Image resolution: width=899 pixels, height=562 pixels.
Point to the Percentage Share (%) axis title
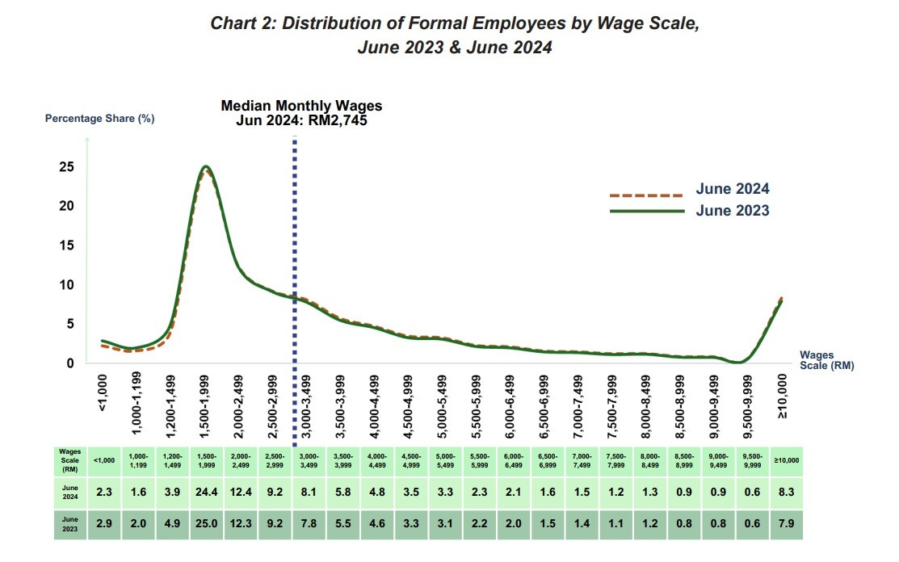click(99, 118)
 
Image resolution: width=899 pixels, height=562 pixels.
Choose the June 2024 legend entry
click(732, 189)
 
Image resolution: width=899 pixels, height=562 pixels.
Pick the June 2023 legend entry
click(732, 210)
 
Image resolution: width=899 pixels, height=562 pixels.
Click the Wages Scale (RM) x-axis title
click(826, 359)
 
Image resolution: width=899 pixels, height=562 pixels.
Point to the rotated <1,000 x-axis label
click(103, 393)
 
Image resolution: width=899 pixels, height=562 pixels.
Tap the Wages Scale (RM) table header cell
click(69, 459)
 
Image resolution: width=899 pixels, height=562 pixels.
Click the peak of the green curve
click(207, 167)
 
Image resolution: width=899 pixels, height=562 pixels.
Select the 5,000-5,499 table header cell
click(444, 459)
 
